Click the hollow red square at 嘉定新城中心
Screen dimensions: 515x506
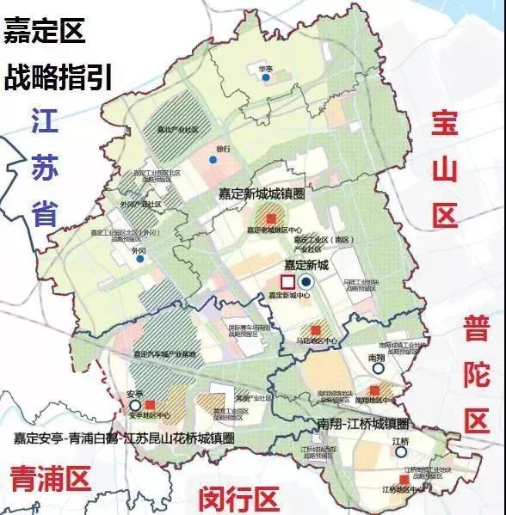point(287,282)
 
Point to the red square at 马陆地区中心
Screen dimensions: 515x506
point(316,330)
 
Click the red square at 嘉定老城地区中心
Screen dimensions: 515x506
point(271,218)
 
